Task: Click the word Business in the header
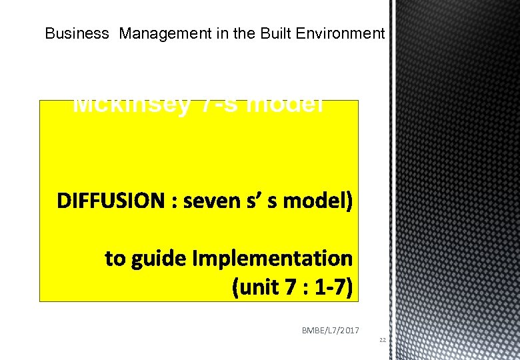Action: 76,33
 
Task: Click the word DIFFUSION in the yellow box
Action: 110,201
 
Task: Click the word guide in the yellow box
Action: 160,258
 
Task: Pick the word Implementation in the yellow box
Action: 273,258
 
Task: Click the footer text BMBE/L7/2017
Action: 331,329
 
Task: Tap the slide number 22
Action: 383,340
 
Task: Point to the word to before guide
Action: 115,258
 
